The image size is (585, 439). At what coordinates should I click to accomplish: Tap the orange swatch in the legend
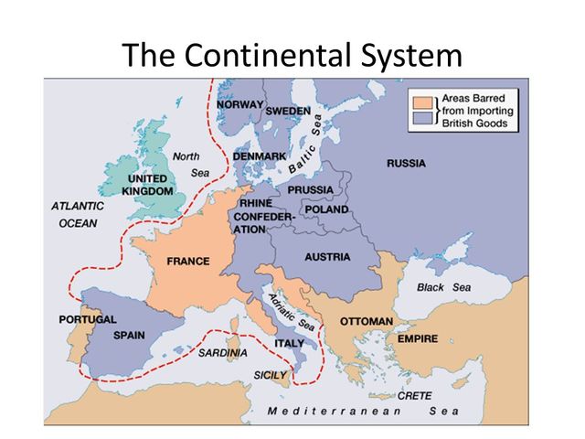coord(423,100)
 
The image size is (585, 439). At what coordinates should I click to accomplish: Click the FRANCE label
coord(188,262)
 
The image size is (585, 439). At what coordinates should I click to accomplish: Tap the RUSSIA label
coord(406,164)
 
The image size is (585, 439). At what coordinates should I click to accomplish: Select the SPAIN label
coord(129,336)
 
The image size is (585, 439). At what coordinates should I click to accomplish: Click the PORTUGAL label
coord(88,320)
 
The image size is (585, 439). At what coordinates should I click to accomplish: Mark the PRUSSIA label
coord(312,189)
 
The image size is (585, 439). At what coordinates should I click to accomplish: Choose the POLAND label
coord(327,209)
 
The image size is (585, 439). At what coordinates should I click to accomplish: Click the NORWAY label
coord(239,106)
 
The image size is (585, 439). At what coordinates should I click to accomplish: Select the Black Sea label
coord(444,287)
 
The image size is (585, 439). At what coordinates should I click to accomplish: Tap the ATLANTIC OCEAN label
coord(78,214)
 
